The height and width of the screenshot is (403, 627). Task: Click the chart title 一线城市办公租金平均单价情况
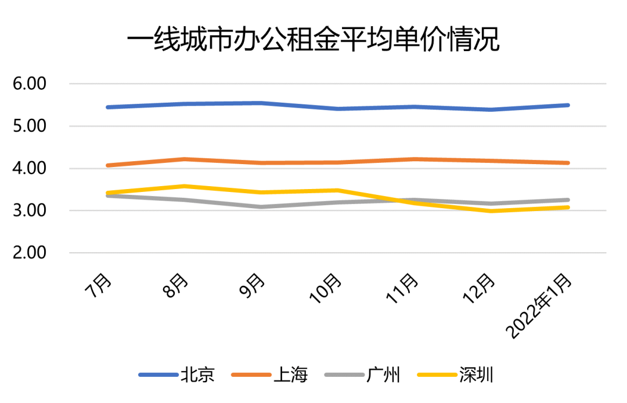click(313, 42)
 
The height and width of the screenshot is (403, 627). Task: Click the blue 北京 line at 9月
click(261, 103)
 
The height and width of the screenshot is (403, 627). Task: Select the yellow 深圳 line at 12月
click(492, 210)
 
